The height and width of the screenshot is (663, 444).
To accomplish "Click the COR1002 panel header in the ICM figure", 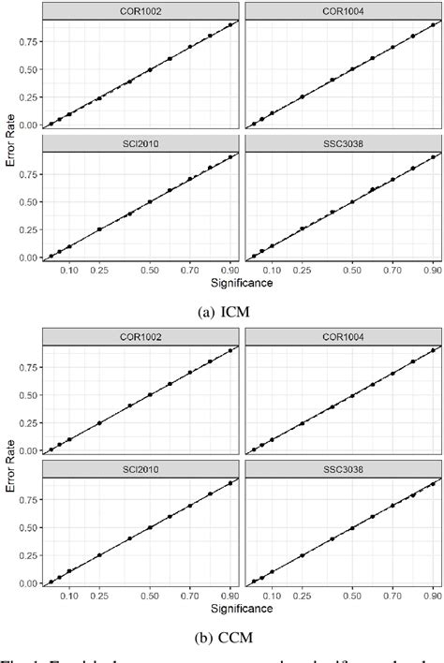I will pyautogui.click(x=139, y=10).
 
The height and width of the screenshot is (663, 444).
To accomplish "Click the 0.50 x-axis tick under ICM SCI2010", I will pyautogui.click(x=150, y=270).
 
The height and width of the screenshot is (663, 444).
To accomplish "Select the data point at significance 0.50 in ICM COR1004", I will pyautogui.click(x=352, y=69).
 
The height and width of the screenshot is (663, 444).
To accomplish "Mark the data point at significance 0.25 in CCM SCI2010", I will pyautogui.click(x=99, y=555).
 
